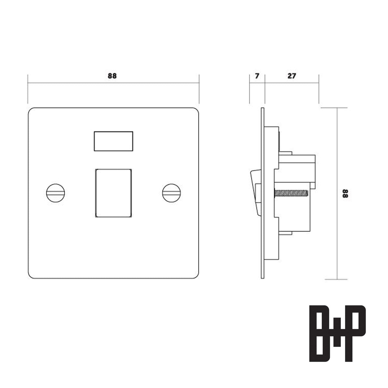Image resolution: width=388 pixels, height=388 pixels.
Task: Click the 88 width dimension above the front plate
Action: [112, 76]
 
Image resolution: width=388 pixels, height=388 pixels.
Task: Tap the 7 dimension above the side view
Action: [257, 76]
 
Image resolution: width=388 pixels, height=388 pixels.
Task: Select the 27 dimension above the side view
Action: [292, 76]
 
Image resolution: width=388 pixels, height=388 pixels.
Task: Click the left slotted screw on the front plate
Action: [56, 193]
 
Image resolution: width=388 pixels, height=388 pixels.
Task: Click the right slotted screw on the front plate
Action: [171, 193]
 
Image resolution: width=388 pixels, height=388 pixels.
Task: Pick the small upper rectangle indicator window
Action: [113, 141]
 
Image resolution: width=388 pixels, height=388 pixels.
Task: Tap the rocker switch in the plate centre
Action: [113, 193]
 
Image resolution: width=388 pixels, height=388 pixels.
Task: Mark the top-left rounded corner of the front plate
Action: [31, 111]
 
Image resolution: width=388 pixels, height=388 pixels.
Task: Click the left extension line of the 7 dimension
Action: [249, 89]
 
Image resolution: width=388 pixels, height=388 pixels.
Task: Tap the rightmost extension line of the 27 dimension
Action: [319, 89]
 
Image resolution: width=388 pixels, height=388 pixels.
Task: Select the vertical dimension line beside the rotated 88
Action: [338, 226]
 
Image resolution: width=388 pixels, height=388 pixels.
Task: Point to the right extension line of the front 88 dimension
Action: [199, 89]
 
